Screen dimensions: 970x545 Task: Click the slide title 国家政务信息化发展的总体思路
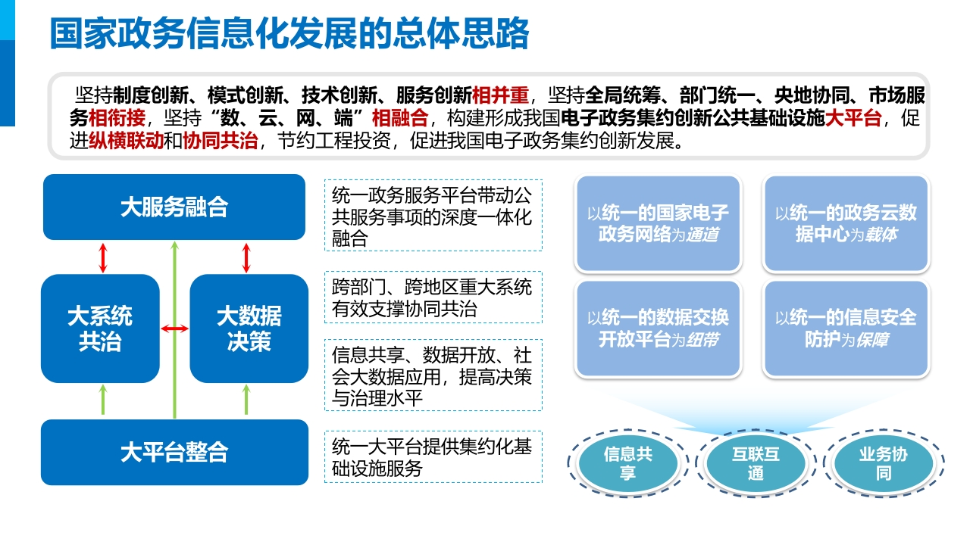[x=289, y=33]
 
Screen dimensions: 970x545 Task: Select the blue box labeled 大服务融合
[x=174, y=207]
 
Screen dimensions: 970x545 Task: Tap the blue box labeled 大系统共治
[x=100, y=329]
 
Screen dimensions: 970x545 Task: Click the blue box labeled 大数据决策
[x=249, y=329]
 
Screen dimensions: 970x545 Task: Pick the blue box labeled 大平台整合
[x=174, y=452]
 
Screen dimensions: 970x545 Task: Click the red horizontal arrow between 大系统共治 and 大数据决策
[x=174, y=329]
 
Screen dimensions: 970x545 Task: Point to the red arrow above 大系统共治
[x=102, y=258]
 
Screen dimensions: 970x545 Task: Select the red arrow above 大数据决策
[x=246, y=258]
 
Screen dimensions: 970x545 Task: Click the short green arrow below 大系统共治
[x=102, y=400]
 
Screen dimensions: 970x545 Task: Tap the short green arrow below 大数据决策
[x=246, y=400]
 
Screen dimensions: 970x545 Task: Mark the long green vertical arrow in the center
[x=174, y=330]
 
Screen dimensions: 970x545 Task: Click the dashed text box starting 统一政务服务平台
[x=433, y=216]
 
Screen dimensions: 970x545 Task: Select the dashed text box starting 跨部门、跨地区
[x=433, y=297]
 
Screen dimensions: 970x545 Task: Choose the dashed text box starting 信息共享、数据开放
[x=433, y=375]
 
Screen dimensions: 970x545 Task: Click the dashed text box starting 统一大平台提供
[x=433, y=456]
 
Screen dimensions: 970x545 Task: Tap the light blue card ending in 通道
[x=659, y=223]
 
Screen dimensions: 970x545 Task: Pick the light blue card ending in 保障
[x=846, y=329]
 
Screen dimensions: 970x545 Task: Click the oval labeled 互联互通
[x=756, y=463]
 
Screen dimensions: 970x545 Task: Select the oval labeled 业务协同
[x=884, y=463]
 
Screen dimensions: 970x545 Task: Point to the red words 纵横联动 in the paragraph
[x=127, y=141]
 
